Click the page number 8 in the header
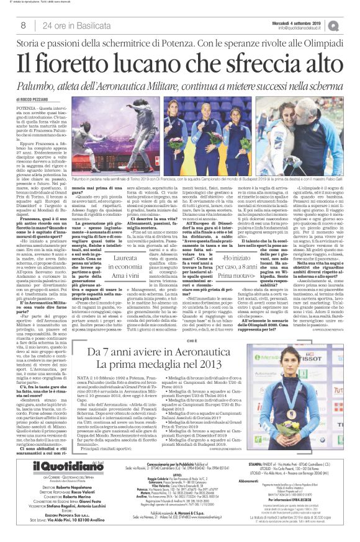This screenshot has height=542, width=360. [x=23, y=25]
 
